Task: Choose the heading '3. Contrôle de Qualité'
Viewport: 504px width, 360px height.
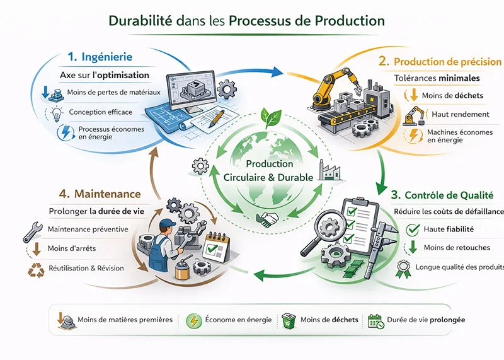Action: point(444,195)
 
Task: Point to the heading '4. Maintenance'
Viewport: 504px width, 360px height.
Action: point(101,194)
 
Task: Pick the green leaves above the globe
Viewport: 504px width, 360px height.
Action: point(272,117)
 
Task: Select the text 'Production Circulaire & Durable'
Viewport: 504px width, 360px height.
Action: point(269,171)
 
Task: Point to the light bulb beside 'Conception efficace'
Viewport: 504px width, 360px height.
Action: point(57,113)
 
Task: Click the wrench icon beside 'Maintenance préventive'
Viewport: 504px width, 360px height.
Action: point(32,231)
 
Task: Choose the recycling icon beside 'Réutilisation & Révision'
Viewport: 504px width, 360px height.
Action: point(33,269)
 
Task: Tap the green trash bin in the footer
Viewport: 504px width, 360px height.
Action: point(289,320)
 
